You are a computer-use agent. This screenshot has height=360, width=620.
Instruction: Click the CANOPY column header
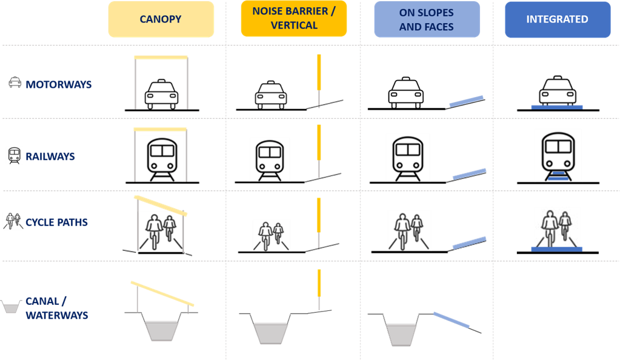[161, 19]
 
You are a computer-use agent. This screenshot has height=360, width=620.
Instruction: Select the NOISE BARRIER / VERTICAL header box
[294, 19]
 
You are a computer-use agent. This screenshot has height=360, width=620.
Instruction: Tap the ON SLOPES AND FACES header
[427, 19]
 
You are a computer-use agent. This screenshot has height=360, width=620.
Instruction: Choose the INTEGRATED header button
[558, 19]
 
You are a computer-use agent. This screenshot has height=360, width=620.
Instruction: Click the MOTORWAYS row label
[59, 84]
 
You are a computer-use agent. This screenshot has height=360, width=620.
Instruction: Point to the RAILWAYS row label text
[50, 156]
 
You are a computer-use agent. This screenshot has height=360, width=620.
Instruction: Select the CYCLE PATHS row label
[56, 222]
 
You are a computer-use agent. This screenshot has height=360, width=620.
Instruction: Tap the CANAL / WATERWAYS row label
[57, 308]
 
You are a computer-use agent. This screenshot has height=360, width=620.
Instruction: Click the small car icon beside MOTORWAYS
[15, 82]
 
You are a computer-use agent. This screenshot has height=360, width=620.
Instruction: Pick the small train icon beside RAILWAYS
[14, 156]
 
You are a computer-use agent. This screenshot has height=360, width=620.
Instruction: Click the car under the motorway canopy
[161, 94]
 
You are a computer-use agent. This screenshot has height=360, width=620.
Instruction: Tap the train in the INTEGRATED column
[558, 157]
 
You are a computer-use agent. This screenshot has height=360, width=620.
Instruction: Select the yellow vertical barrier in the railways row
[319, 142]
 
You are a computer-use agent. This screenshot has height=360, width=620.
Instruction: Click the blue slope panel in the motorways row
[467, 102]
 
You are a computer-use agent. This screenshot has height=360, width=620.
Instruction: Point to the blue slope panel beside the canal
[452, 320]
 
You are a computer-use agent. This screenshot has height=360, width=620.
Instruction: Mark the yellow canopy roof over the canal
[162, 294]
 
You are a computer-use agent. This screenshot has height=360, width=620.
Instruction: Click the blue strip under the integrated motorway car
[557, 107]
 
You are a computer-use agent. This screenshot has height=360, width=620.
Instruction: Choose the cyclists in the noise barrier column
[272, 236]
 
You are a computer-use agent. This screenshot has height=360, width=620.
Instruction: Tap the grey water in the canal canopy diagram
[161, 331]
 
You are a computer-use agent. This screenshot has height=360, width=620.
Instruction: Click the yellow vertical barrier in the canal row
[319, 283]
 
